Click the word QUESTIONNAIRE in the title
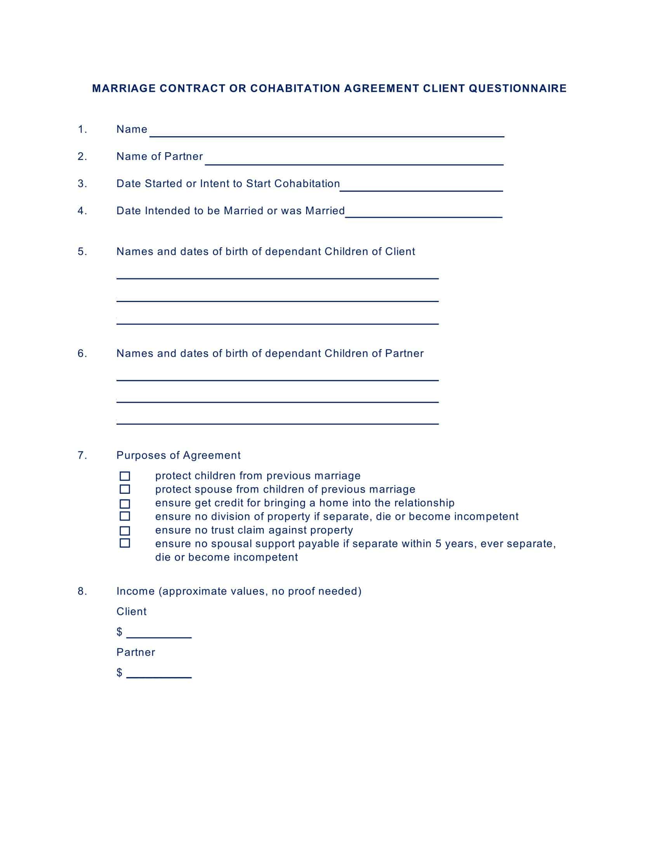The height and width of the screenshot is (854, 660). pyautogui.click(x=518, y=89)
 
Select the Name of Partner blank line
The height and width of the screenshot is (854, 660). pyautogui.click(x=354, y=161)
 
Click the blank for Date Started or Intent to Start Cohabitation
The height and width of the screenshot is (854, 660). pyautogui.click(x=421, y=187)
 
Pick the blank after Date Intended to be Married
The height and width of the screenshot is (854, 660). pyautogui.click(x=424, y=213)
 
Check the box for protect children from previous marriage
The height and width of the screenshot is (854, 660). pyautogui.click(x=125, y=476)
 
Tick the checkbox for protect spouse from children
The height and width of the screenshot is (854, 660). pyautogui.click(x=125, y=489)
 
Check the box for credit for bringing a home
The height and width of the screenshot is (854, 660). pyautogui.click(x=125, y=503)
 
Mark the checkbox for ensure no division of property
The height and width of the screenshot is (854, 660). pyautogui.click(x=125, y=516)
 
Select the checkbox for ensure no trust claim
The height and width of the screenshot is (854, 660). pyautogui.click(x=125, y=531)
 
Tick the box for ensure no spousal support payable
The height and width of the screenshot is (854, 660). pyautogui.click(x=125, y=543)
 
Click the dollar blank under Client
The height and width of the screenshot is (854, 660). pyautogui.click(x=159, y=634)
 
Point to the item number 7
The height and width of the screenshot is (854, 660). pyautogui.click(x=82, y=455)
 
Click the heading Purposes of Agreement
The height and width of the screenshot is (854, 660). pyautogui.click(x=178, y=455)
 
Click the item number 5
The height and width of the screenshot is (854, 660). pyautogui.click(x=82, y=252)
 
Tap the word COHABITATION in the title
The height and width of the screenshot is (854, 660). pyautogui.click(x=295, y=89)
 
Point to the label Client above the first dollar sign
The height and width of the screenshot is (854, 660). pyautogui.click(x=131, y=611)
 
